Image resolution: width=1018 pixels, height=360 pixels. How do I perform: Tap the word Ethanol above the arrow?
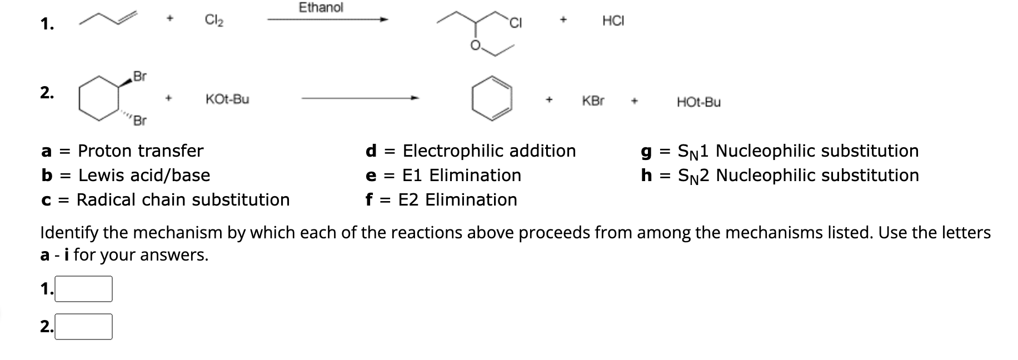coord(321,8)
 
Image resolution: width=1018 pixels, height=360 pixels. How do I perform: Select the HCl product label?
coord(613,21)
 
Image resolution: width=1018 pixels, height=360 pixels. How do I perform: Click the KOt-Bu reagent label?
coord(227,99)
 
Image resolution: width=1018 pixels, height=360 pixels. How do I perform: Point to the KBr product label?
coord(593,101)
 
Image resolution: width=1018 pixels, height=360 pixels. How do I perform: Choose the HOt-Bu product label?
coord(698,102)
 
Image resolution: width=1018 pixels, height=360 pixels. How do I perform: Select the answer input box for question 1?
coord(84,289)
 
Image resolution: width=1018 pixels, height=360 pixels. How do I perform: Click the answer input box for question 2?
coord(84,327)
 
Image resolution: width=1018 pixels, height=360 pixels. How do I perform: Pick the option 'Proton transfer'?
coord(141,151)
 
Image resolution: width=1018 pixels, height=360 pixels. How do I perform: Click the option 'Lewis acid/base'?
coord(144,175)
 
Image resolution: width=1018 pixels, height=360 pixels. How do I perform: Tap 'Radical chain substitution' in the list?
coord(183,199)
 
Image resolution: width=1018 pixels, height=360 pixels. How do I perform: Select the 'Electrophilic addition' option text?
coord(489,151)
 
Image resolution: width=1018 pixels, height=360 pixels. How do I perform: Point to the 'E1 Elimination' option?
coord(461,175)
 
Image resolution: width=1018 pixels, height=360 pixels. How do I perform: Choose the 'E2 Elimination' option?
coord(457,199)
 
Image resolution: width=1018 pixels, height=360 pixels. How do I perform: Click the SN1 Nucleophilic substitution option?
coord(798,151)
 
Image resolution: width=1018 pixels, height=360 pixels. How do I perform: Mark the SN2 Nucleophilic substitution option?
coord(798,175)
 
